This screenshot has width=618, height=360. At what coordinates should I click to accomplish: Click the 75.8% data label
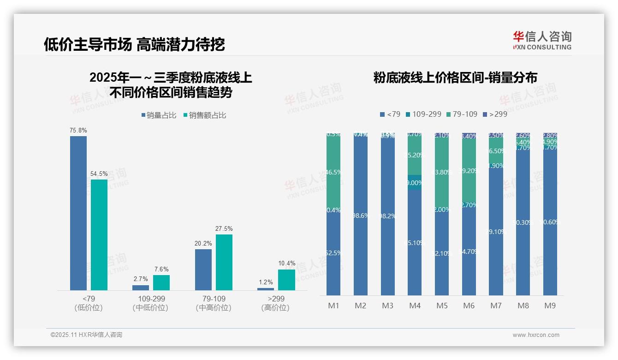point(78,131)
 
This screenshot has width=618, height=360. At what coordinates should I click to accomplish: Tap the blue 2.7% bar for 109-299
point(141,288)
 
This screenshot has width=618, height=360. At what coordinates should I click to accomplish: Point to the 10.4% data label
point(286,264)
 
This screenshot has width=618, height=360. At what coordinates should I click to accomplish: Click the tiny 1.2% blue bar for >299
point(266,289)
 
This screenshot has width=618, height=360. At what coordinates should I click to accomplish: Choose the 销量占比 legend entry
point(159,115)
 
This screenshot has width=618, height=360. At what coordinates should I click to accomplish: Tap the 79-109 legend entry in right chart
point(462,114)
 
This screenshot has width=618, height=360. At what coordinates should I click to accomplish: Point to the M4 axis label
point(415,306)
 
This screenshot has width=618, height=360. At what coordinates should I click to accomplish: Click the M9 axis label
point(550,306)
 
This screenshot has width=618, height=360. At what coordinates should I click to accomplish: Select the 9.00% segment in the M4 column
point(415,182)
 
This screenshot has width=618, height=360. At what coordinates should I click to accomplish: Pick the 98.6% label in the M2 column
point(361,216)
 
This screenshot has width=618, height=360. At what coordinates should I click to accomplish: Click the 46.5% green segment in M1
point(333,172)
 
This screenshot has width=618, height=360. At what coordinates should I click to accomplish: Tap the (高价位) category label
point(276,308)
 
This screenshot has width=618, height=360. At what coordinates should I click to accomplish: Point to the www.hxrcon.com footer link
point(536,335)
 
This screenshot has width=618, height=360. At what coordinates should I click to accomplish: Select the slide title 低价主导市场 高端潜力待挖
point(134,44)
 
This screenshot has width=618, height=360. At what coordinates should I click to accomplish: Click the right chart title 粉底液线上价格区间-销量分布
point(455,78)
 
